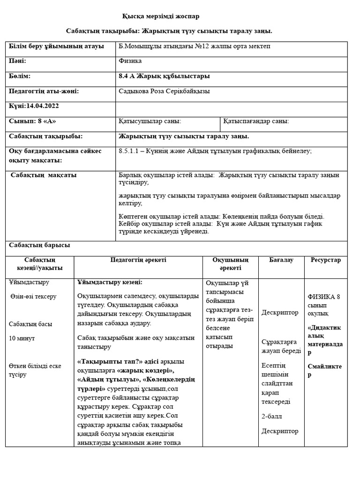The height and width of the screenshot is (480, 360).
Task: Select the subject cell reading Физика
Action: (130, 61)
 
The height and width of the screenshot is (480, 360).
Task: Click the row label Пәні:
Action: (18, 61)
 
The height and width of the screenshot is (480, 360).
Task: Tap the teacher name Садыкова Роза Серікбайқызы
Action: (165, 91)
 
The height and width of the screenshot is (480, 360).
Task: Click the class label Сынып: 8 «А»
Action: (32, 121)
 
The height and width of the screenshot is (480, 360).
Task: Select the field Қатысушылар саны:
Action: (150, 121)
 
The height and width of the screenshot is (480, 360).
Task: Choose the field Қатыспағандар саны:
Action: (256, 121)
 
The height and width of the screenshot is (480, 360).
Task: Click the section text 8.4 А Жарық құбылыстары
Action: (165, 76)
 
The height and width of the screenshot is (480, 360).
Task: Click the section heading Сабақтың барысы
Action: (39, 245)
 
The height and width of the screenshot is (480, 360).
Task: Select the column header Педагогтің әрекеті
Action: (138, 260)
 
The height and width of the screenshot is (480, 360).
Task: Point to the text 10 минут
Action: (22, 338)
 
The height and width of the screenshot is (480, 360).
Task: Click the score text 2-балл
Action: (272, 416)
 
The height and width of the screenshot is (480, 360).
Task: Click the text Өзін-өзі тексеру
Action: (33, 297)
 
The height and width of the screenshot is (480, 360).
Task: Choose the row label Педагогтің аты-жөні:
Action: (44, 91)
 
